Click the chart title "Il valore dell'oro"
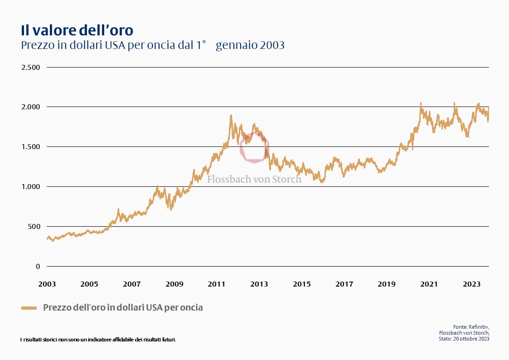[77, 30]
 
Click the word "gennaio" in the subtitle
[233, 45]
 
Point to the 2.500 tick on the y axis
[31, 67]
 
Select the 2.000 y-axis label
[31, 107]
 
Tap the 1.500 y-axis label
[31, 147]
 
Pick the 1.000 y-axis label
[31, 187]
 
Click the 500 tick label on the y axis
[34, 227]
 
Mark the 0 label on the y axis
[38, 267]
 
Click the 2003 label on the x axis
[47, 284]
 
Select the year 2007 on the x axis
[132, 284]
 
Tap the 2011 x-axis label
[217, 284]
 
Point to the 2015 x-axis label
[302, 284]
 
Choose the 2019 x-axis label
[387, 284]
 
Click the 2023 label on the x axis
[471, 284]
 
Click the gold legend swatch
[29, 308]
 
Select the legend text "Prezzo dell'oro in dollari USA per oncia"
[123, 307]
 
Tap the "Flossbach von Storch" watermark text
[254, 180]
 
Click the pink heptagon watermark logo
[254, 147]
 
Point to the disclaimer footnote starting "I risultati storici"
[98, 339]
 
